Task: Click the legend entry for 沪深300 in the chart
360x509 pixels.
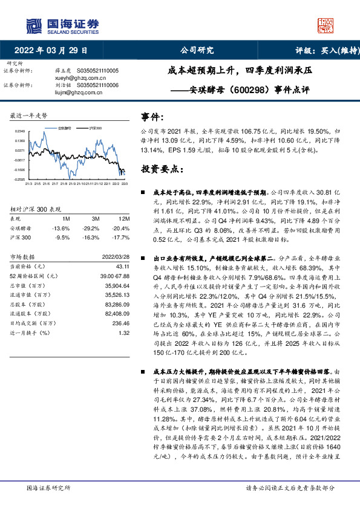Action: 96,128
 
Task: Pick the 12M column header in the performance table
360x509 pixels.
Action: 125,218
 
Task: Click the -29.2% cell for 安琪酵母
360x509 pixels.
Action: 92,228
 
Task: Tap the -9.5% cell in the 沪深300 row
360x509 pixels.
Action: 62,238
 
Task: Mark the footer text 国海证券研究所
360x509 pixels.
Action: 48,487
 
